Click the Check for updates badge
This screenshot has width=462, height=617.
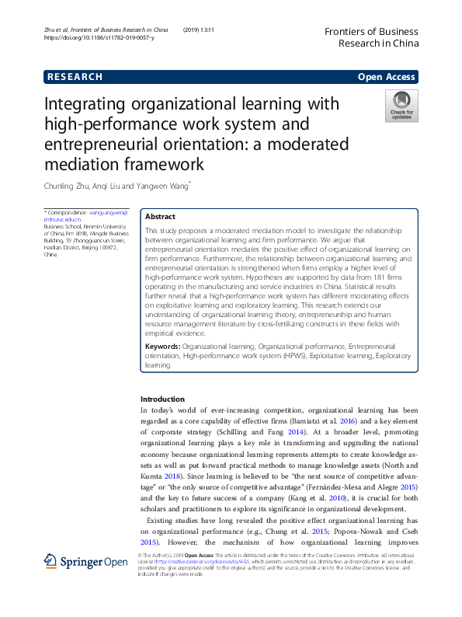point(401,105)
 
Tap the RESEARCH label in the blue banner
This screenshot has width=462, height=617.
point(75,77)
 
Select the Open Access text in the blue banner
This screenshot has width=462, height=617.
point(387,77)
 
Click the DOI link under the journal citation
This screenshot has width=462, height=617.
point(99,37)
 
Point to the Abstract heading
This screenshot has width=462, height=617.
point(161,217)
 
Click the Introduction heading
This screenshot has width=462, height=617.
point(162,399)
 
